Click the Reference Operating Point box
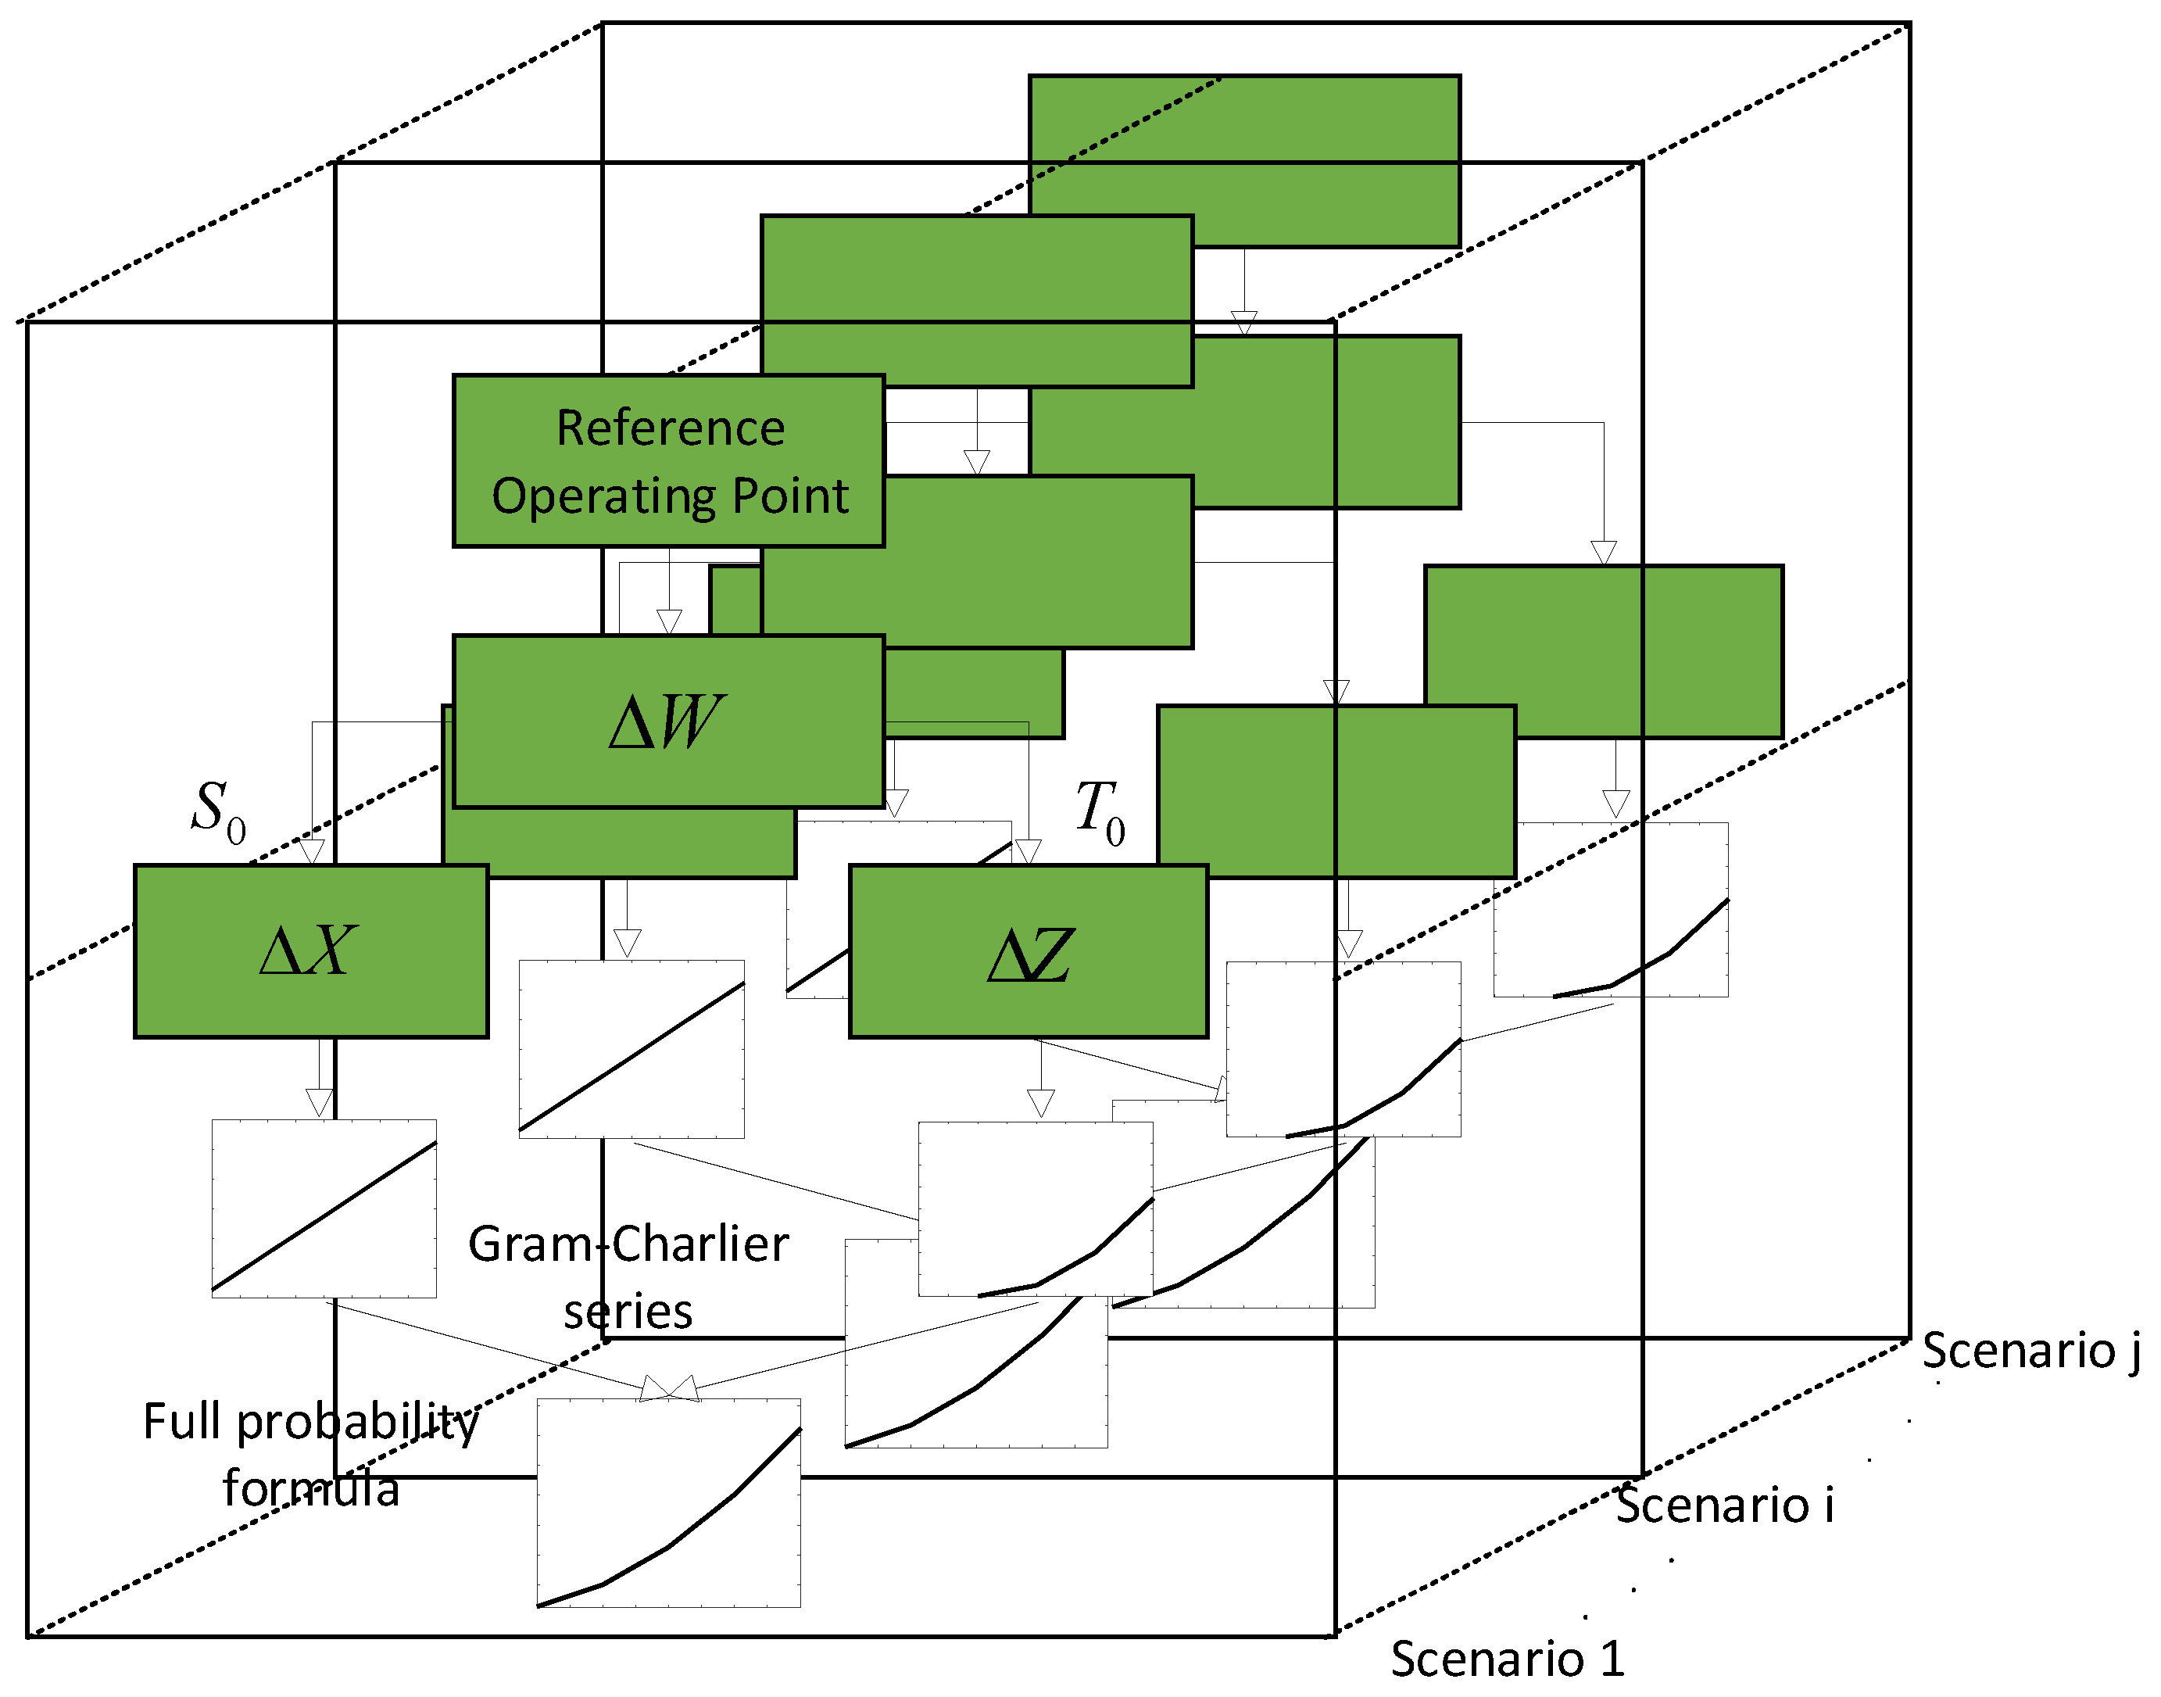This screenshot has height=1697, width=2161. click(669, 461)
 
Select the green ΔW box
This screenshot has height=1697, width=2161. click(669, 721)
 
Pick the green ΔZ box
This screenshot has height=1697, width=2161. click(1029, 952)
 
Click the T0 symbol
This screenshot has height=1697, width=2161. click(1100, 811)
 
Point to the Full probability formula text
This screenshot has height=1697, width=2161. click(311, 1454)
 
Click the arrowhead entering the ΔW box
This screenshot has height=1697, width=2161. click(669, 622)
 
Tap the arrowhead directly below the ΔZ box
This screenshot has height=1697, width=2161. click(1040, 1103)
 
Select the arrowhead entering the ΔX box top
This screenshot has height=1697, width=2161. click(312, 851)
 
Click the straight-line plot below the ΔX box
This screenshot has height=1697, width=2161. click(324, 1208)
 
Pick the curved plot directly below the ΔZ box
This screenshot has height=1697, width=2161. click(1036, 1209)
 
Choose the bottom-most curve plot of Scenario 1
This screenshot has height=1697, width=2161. click(669, 1502)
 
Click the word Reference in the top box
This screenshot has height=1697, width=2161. click(671, 428)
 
